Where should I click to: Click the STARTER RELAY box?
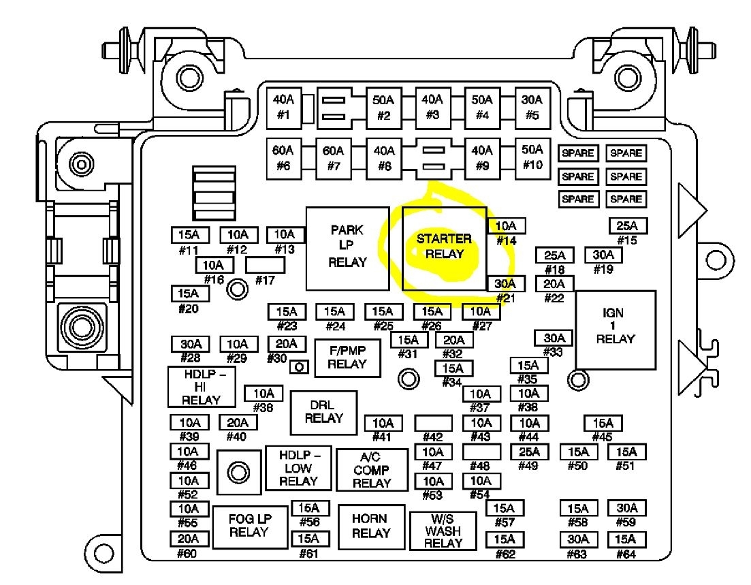444,248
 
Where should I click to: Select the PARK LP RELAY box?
347,248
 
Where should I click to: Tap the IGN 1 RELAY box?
616,330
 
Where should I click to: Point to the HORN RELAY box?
371,526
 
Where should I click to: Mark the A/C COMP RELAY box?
371,469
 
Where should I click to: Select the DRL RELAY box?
323,412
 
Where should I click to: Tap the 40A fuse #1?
283,107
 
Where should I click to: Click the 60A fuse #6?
283,158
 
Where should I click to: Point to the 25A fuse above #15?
626,226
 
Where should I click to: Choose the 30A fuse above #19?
603,255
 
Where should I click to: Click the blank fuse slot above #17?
263,264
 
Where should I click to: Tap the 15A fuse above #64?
626,538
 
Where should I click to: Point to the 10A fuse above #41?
383,423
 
